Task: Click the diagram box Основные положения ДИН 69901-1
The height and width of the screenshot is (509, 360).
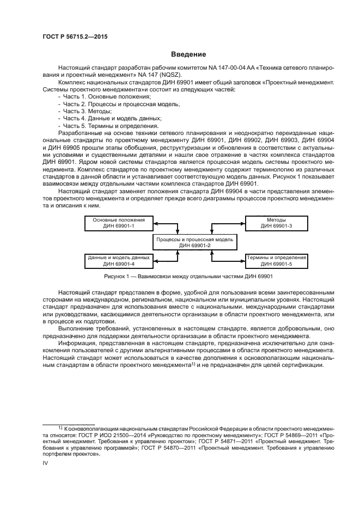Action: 117,222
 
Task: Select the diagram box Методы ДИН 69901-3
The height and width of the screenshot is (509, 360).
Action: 276,222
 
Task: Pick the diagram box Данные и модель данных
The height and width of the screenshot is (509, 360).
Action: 117,260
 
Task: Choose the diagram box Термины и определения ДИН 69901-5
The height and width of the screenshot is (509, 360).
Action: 276,260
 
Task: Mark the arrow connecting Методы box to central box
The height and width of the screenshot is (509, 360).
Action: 229,222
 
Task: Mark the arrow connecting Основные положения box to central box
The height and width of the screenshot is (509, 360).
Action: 163,222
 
